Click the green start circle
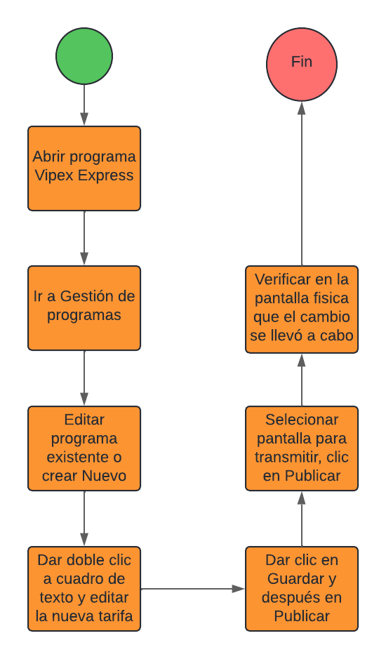click(x=84, y=56)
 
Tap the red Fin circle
click(x=302, y=65)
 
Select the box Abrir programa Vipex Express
click(x=84, y=168)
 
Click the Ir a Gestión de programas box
click(x=84, y=308)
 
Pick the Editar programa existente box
click(x=84, y=448)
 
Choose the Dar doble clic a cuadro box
click(x=84, y=589)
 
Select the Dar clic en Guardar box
click(x=302, y=589)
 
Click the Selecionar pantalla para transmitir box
click(x=302, y=448)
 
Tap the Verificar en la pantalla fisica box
click(x=302, y=309)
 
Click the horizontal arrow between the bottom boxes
click(x=192, y=589)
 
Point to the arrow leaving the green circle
click(x=84, y=105)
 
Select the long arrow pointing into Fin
click(x=302, y=183)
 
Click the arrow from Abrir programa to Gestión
click(x=84, y=239)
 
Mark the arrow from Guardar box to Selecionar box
click(x=302, y=519)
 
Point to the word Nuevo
click(x=105, y=476)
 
